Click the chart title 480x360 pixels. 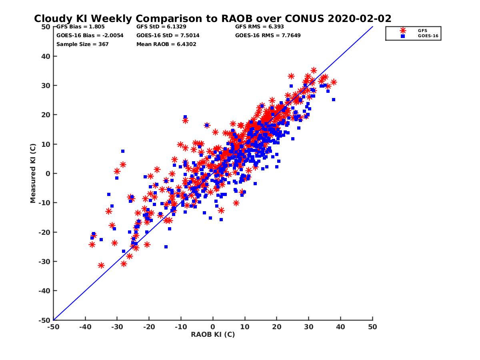point(212,19)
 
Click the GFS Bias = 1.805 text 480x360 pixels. point(80,27)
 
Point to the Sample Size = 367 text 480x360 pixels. point(82,44)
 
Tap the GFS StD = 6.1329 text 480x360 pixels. point(161,27)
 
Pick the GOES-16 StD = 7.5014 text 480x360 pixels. point(168,35)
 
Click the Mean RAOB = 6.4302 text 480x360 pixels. point(166,44)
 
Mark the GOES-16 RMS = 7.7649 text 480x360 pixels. point(268,35)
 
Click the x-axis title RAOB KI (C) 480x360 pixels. point(213,334)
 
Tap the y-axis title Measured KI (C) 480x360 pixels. point(33,174)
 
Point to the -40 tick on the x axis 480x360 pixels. point(85,327)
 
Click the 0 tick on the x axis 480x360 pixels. point(213,327)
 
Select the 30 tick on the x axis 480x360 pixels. point(309,327)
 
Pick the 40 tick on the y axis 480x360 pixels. point(46,56)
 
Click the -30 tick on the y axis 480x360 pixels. point(44,262)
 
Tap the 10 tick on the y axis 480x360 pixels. point(46,144)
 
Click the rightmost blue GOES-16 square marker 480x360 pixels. point(334,100)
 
